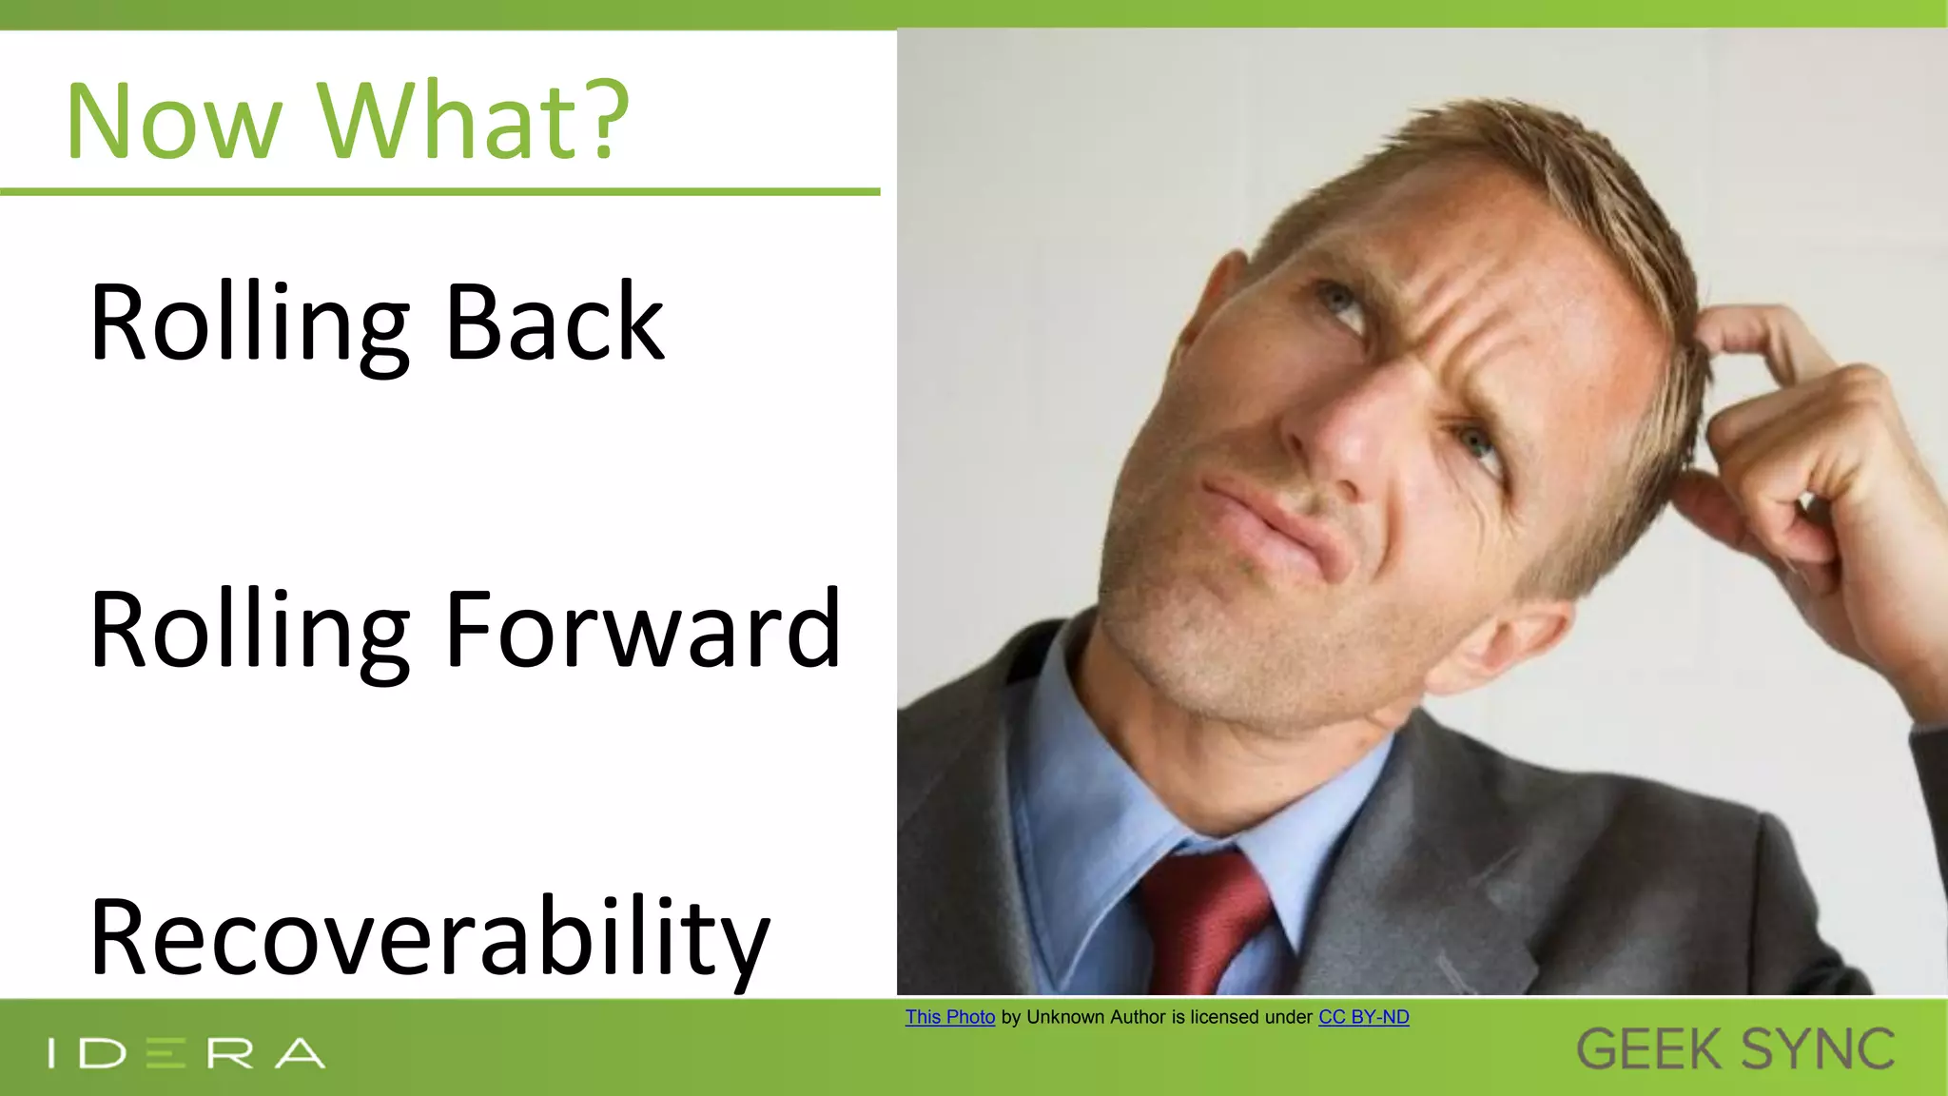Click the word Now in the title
(174, 122)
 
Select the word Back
(555, 323)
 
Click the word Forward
(642, 631)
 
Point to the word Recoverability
(429, 937)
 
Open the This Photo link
(949, 1017)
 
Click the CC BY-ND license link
(1363, 1017)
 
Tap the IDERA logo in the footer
(186, 1053)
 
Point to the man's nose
(1332, 438)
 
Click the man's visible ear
(1503, 647)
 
